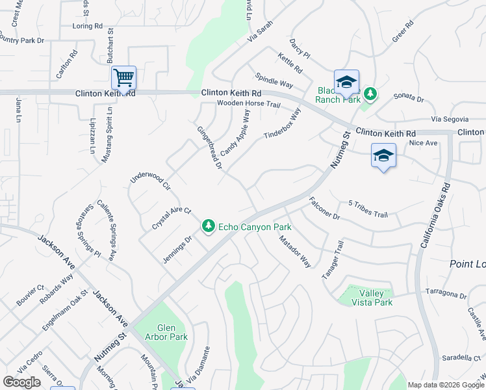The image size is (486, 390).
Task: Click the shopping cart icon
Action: click(x=123, y=78)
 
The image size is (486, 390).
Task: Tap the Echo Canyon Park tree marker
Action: click(x=209, y=226)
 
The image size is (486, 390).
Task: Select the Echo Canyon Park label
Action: click(x=254, y=227)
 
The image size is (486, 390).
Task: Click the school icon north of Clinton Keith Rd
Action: click(x=347, y=81)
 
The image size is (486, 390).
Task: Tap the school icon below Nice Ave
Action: click(x=383, y=156)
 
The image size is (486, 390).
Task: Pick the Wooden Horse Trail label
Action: click(x=249, y=104)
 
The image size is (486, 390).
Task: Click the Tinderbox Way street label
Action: click(x=283, y=123)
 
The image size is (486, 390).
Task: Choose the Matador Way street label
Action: click(x=295, y=252)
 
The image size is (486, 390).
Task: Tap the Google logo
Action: click(x=21, y=382)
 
